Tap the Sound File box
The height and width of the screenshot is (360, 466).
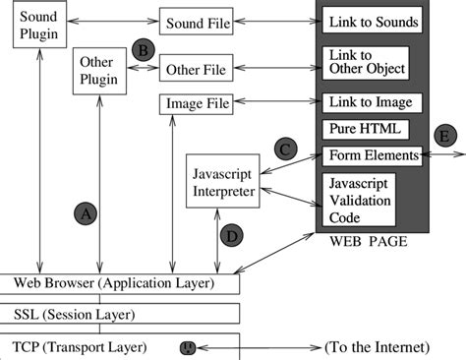click(198, 22)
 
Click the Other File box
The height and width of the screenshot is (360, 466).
click(196, 70)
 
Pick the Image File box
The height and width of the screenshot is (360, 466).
click(197, 103)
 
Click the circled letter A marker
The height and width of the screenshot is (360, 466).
click(87, 211)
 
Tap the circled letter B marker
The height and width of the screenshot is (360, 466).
click(144, 48)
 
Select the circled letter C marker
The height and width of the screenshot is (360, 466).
click(286, 149)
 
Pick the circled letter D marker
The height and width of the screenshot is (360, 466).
click(232, 235)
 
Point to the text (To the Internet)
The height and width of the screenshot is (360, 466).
click(377, 347)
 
